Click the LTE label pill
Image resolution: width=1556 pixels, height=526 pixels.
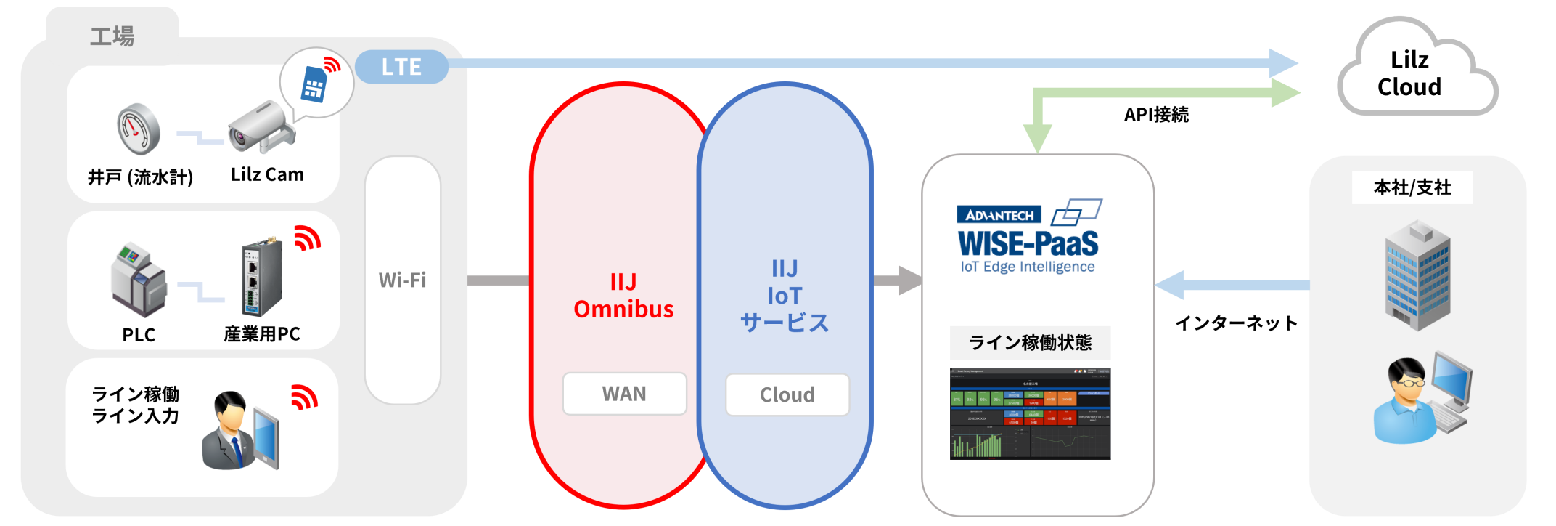pos(401,67)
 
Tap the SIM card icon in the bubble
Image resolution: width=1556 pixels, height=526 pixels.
pos(314,84)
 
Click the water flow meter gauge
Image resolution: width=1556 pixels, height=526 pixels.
pos(139,129)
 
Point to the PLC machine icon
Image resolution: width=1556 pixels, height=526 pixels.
pos(138,280)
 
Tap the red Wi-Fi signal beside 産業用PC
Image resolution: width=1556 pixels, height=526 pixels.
pos(307,238)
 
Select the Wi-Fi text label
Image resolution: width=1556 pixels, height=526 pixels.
pos(402,280)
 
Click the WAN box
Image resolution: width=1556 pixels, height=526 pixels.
pos(624,394)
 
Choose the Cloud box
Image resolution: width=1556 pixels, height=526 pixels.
pos(787,394)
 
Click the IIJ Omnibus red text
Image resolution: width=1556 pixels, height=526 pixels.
pos(623,296)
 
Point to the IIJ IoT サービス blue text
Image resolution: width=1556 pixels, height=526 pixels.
pos(785,296)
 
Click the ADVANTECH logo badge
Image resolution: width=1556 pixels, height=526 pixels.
pos(999,215)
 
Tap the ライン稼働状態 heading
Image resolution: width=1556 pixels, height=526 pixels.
pos(1030,342)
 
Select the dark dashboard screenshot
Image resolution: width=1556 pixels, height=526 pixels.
pos(1030,414)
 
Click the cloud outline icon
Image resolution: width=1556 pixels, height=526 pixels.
pos(1417,69)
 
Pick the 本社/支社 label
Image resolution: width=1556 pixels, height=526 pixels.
pos(1412,187)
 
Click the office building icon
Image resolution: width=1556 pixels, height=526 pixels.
pos(1417,276)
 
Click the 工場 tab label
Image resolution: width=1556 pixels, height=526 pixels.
pos(112,36)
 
